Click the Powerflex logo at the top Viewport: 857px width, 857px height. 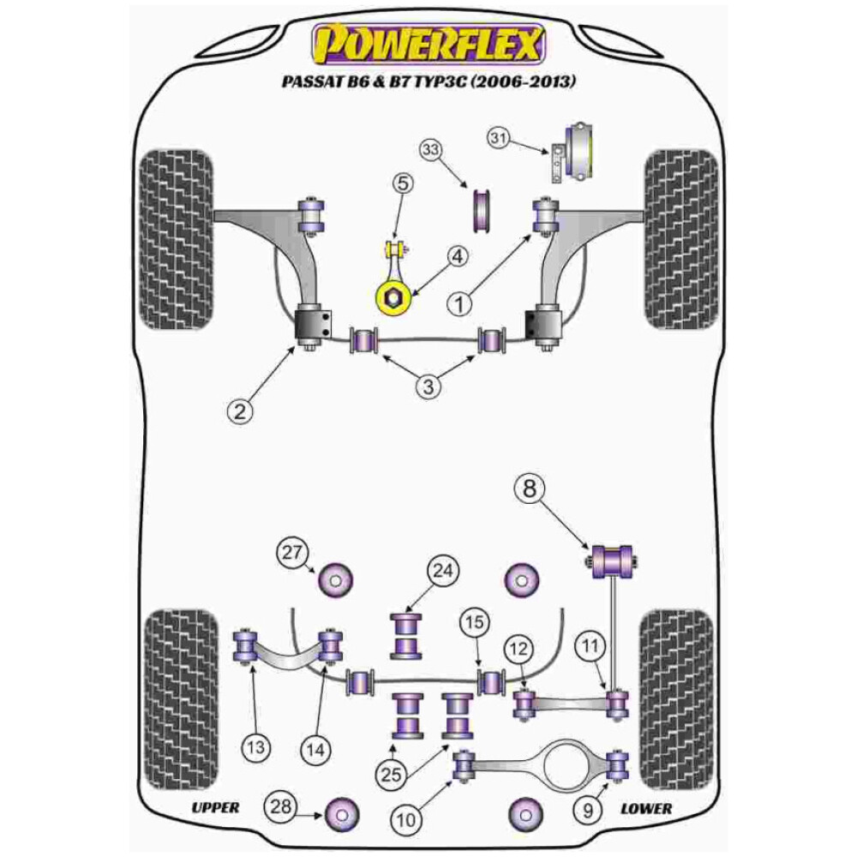pyautogui.click(x=428, y=43)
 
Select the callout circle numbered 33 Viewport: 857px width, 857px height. pyautogui.click(x=432, y=152)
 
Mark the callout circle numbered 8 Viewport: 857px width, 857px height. pyautogui.click(x=529, y=489)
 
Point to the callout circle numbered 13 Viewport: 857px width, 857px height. pyautogui.click(x=255, y=747)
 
